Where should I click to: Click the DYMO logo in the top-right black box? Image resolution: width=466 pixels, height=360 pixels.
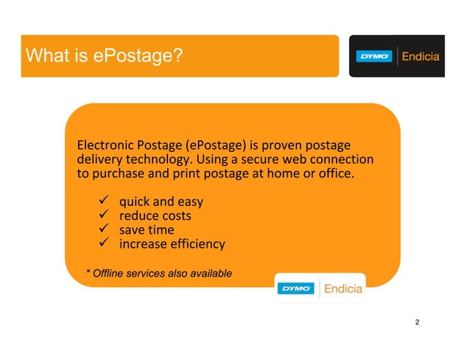(x=375, y=56)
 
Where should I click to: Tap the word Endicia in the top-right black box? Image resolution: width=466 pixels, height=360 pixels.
(x=421, y=56)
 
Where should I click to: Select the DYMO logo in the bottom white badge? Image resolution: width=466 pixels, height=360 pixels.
(x=296, y=288)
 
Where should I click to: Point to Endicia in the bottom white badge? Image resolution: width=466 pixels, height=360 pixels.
(x=342, y=288)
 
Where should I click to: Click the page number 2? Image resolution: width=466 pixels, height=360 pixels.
(x=417, y=322)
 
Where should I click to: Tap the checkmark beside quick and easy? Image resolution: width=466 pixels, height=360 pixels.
(x=103, y=201)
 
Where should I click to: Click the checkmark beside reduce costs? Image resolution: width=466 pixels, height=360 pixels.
(x=103, y=215)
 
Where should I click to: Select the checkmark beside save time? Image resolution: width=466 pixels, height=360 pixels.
(x=103, y=229)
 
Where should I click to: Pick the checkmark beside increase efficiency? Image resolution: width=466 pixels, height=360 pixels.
(x=103, y=244)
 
